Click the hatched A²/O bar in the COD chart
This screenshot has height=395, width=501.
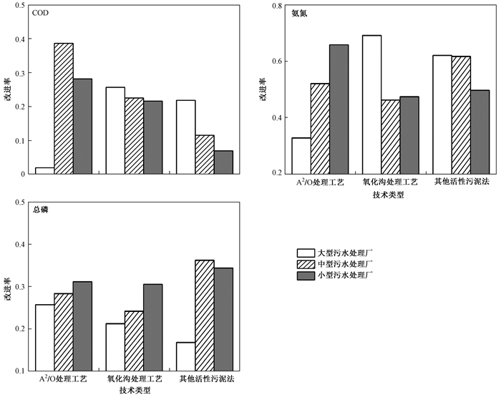[x=64, y=108]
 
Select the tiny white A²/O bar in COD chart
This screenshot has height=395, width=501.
[x=44, y=170]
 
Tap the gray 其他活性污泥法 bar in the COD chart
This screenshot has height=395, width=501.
[x=224, y=162]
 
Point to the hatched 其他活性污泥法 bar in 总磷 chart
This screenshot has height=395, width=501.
[x=205, y=315]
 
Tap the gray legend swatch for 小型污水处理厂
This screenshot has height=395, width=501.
[x=306, y=275]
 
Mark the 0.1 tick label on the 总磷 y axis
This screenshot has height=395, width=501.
[x=20, y=371]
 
